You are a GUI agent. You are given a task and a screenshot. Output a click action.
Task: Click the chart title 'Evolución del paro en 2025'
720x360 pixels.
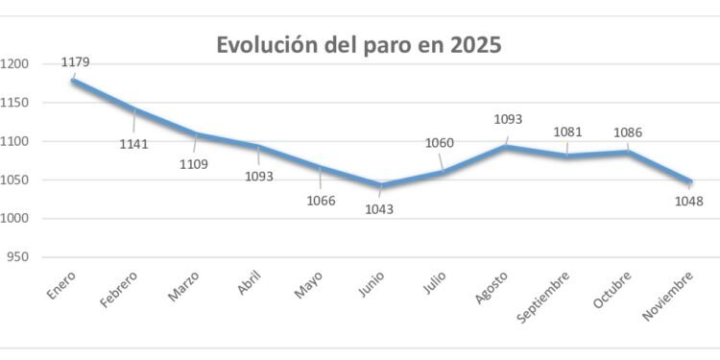click(358, 45)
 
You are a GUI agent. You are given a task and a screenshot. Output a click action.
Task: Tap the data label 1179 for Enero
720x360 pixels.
click(76, 62)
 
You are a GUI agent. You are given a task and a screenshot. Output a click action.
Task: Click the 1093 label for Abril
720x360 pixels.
click(258, 177)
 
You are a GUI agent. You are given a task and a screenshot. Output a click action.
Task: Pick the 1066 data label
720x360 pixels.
click(320, 201)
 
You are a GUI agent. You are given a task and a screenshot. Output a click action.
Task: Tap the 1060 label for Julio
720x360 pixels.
click(439, 144)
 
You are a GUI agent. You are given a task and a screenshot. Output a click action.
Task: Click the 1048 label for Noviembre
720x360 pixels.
click(688, 202)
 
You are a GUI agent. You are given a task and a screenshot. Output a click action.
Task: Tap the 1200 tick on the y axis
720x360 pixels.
click(17, 64)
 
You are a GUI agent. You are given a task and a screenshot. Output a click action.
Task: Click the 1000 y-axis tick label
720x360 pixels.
click(17, 219)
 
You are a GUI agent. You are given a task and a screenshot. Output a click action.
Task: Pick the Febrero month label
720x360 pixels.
click(119, 290)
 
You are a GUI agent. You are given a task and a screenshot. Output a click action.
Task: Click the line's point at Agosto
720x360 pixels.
click(506, 147)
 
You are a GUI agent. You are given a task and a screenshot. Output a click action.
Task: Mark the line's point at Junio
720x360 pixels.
click(382, 185)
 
